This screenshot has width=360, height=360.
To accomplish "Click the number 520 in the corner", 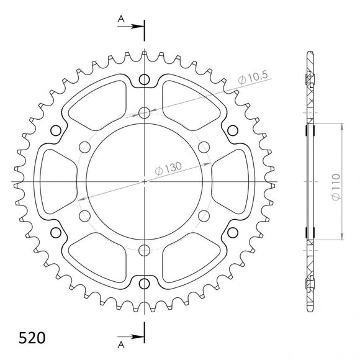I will [27, 339].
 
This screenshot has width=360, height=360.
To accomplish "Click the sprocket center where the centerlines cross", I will [145, 181].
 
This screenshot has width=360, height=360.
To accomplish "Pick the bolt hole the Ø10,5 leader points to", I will [145, 112].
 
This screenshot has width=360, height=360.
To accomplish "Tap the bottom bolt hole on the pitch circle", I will [145, 250].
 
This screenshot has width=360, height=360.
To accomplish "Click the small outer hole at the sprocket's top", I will [145, 79].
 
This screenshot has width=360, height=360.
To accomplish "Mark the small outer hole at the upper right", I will [233, 130].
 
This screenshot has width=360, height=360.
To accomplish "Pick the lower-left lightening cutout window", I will [99, 259].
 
